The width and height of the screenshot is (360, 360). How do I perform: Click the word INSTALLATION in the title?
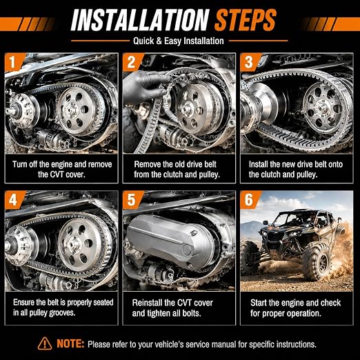point(141,20)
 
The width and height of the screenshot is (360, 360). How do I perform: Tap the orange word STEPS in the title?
point(246,20)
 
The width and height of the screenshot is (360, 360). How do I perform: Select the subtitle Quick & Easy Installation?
point(179,41)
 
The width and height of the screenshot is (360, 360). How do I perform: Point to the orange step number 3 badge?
point(249,62)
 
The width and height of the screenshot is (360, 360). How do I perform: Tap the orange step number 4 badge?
point(13,199)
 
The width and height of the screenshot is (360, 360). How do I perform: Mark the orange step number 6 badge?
point(249,199)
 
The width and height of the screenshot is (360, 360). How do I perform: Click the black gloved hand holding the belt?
point(145,88)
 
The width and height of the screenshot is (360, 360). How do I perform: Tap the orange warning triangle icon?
point(45,343)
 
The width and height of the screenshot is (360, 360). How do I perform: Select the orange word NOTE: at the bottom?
point(70,344)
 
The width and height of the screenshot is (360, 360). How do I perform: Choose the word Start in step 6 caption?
point(259,303)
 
